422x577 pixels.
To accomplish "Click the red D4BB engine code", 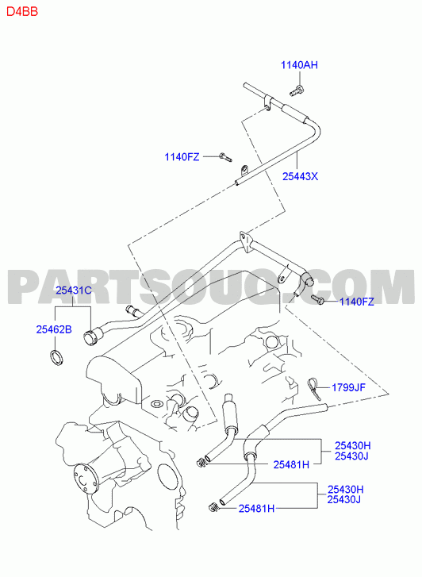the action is coord(22,11).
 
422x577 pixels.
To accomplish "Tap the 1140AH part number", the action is coord(299,65).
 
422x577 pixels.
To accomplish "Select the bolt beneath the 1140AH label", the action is coord(297,90).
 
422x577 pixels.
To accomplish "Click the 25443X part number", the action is coord(300,177).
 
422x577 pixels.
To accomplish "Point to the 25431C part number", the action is coord(74,290).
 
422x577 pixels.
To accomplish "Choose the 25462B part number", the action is coord(54,329).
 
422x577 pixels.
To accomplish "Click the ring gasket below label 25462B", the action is coord(56,359).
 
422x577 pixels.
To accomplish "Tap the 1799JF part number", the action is coord(348,387).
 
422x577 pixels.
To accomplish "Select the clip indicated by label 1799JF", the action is coord(314,387).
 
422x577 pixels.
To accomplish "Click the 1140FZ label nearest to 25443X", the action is coord(182,157).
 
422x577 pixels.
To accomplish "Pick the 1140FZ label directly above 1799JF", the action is coord(356,302).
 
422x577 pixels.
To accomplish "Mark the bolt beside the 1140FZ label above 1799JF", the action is coord(317,299).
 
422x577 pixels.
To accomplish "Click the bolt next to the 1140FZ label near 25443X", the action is coord(224,157).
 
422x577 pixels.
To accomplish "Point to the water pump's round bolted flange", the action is coord(85,480).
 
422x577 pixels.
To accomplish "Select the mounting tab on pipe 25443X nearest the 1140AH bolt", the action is coord(267,103).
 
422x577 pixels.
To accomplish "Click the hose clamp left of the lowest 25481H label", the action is coord(213,507).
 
